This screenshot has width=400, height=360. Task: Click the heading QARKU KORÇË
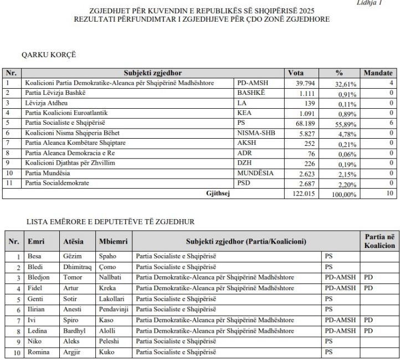[48, 55]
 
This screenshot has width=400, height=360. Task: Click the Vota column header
[296, 73]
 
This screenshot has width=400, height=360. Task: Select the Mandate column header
[378, 73]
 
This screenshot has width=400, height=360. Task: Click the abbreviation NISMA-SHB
[254, 133]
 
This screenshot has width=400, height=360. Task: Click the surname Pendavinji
[114, 310]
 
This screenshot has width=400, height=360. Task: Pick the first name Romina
[38, 352]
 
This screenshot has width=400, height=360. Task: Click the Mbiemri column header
[113, 242]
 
